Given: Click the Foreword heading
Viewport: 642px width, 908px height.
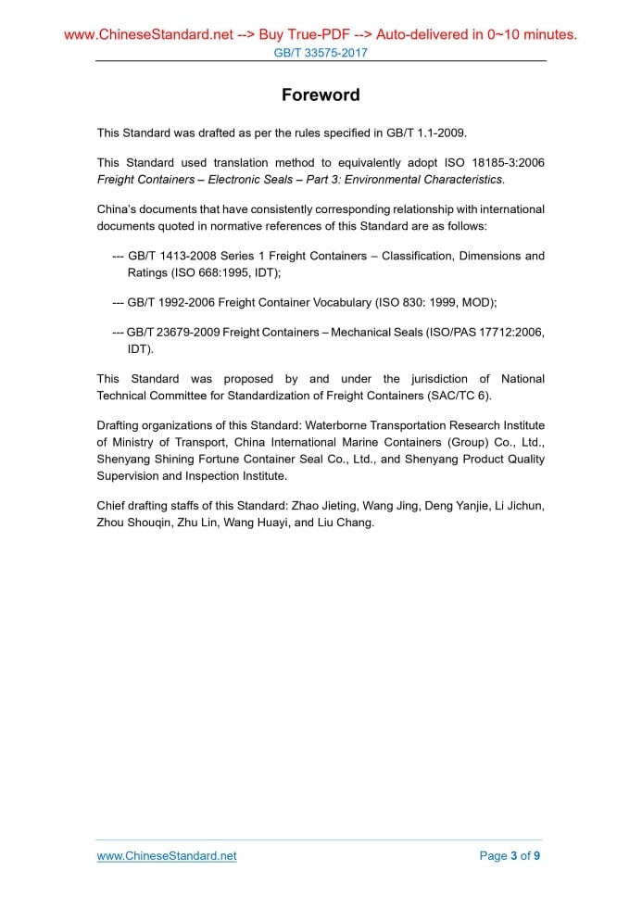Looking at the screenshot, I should pyautogui.click(x=321, y=95).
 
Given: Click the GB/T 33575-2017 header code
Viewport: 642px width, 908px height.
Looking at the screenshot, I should pyautogui.click(x=321, y=53).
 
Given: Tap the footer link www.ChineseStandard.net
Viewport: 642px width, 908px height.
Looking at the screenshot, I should pyautogui.click(x=167, y=856).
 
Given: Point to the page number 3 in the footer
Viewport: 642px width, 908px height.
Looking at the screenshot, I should pyautogui.click(x=514, y=856).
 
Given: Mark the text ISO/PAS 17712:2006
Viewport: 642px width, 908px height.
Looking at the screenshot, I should pyautogui.click(x=485, y=333).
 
